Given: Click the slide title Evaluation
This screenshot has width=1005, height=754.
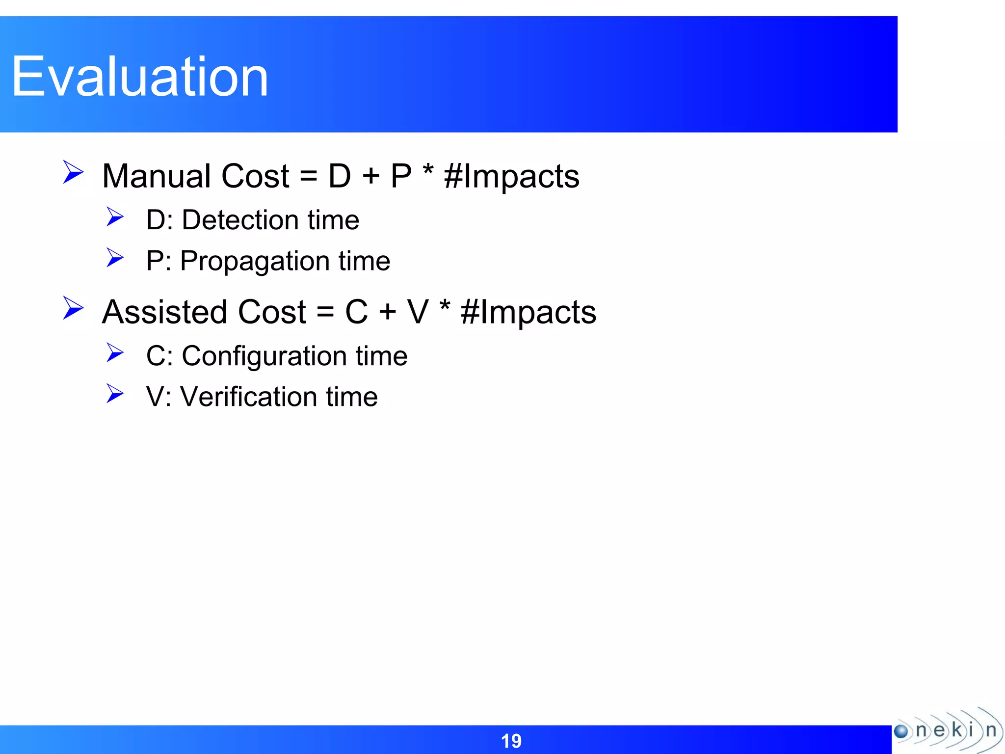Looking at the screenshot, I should pyautogui.click(x=140, y=77).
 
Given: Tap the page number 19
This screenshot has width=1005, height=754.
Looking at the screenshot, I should pyautogui.click(x=511, y=741).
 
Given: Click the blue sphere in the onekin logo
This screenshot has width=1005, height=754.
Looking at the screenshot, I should pyautogui.click(x=901, y=731).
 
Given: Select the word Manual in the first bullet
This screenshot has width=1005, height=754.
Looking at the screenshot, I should pyautogui.click(x=157, y=176).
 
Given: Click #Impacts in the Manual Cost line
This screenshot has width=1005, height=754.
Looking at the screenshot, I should pyautogui.click(x=511, y=177).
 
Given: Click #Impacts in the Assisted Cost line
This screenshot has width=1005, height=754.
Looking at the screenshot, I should pyautogui.click(x=529, y=313).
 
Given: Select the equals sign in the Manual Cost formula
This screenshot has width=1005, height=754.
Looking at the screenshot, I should pyautogui.click(x=308, y=177).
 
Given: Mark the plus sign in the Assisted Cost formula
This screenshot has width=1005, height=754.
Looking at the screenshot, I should pyautogui.click(x=388, y=312).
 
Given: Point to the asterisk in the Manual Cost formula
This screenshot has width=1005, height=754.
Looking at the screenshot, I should pyautogui.click(x=428, y=171).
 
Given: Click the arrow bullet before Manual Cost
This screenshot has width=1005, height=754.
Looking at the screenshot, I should pyautogui.click(x=74, y=172).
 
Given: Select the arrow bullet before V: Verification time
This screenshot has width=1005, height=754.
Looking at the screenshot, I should pyautogui.click(x=115, y=394).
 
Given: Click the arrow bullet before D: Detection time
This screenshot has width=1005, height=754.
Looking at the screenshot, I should pyautogui.click(x=115, y=217).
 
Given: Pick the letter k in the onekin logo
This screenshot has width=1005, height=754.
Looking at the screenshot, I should pyautogui.click(x=956, y=730).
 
